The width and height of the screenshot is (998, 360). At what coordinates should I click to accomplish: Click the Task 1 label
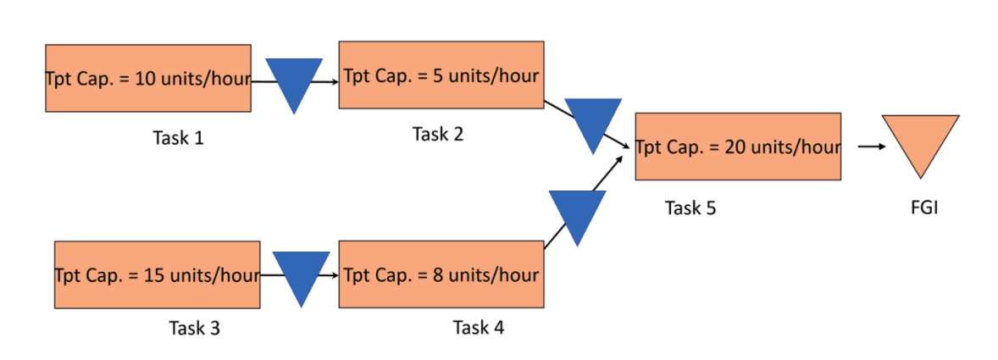178,137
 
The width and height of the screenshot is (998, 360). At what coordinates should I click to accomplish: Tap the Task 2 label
438,134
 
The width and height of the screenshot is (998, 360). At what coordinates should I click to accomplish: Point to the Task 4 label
478,328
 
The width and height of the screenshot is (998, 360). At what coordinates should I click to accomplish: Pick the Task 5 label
690,208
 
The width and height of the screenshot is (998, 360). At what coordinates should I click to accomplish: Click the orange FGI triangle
920,140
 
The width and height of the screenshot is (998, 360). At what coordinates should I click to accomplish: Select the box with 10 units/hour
148,79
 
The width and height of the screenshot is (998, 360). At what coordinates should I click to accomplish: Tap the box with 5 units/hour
441,75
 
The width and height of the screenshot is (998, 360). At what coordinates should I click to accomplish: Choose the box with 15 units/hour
157,275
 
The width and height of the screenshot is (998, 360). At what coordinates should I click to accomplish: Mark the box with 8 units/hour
441,274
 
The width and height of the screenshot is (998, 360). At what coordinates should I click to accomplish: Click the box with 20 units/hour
738,147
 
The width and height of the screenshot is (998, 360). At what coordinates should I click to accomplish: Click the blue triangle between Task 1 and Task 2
294,80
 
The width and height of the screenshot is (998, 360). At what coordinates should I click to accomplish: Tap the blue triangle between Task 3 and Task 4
301,274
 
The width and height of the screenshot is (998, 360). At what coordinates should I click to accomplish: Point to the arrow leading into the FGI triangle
871,147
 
